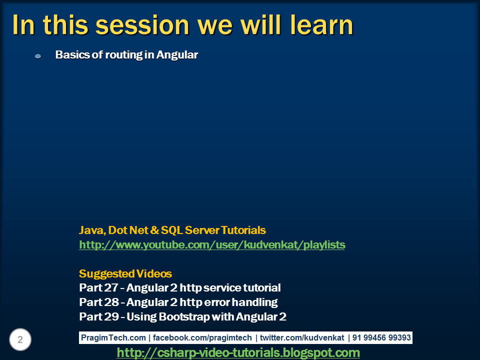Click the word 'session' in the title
[x=142, y=25]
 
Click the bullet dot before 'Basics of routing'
[x=38, y=56]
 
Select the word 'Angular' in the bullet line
[x=177, y=55]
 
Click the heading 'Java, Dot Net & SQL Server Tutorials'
[x=172, y=230]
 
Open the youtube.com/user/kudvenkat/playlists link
[x=212, y=245]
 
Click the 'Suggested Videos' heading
[x=125, y=273]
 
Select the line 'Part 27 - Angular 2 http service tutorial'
[x=179, y=288]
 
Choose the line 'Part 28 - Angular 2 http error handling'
[x=178, y=302]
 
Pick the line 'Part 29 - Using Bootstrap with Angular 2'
[x=182, y=316]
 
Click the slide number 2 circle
[x=20, y=339]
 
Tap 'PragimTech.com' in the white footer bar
[x=113, y=337]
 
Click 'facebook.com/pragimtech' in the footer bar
[x=202, y=337]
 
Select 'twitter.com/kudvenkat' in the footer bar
[x=302, y=337]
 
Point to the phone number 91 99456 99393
[x=381, y=337]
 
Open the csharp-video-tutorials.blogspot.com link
[x=238, y=352]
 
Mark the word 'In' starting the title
[x=23, y=25]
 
